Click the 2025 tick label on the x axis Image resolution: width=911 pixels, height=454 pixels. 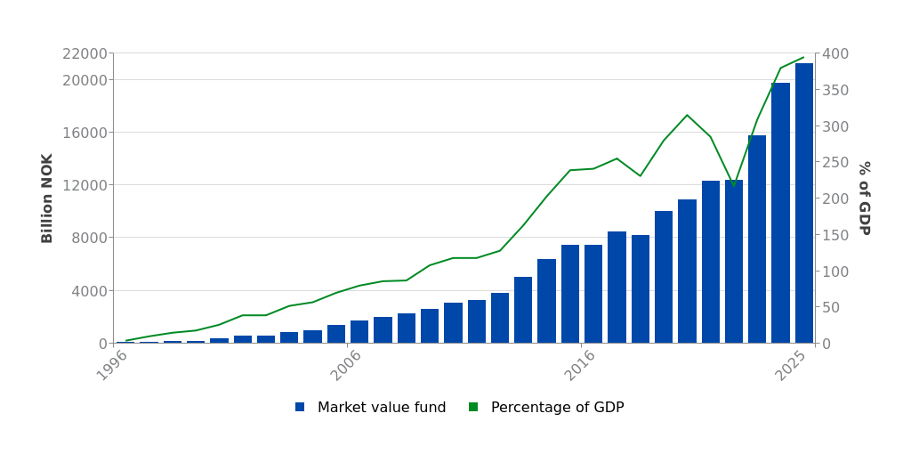(791, 366)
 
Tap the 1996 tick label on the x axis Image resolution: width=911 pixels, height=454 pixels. (113, 366)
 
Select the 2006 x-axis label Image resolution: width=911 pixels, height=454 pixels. (346, 366)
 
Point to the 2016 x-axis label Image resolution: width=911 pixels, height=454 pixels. (580, 366)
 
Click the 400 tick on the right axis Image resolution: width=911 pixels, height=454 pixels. (835, 54)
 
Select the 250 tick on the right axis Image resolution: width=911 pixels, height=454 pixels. (835, 163)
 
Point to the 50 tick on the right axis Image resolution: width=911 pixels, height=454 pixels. (832, 307)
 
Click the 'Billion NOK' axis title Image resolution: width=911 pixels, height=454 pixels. (48, 198)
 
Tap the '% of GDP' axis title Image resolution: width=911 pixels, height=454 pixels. (863, 198)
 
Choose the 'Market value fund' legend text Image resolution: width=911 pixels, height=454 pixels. (382, 408)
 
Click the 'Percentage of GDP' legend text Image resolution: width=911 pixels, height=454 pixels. (557, 408)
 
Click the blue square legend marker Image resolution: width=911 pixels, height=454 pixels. (300, 407)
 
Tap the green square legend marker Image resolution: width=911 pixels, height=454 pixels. (473, 407)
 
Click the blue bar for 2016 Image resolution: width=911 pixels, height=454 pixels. (593, 294)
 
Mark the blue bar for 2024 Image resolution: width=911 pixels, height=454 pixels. (780, 213)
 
